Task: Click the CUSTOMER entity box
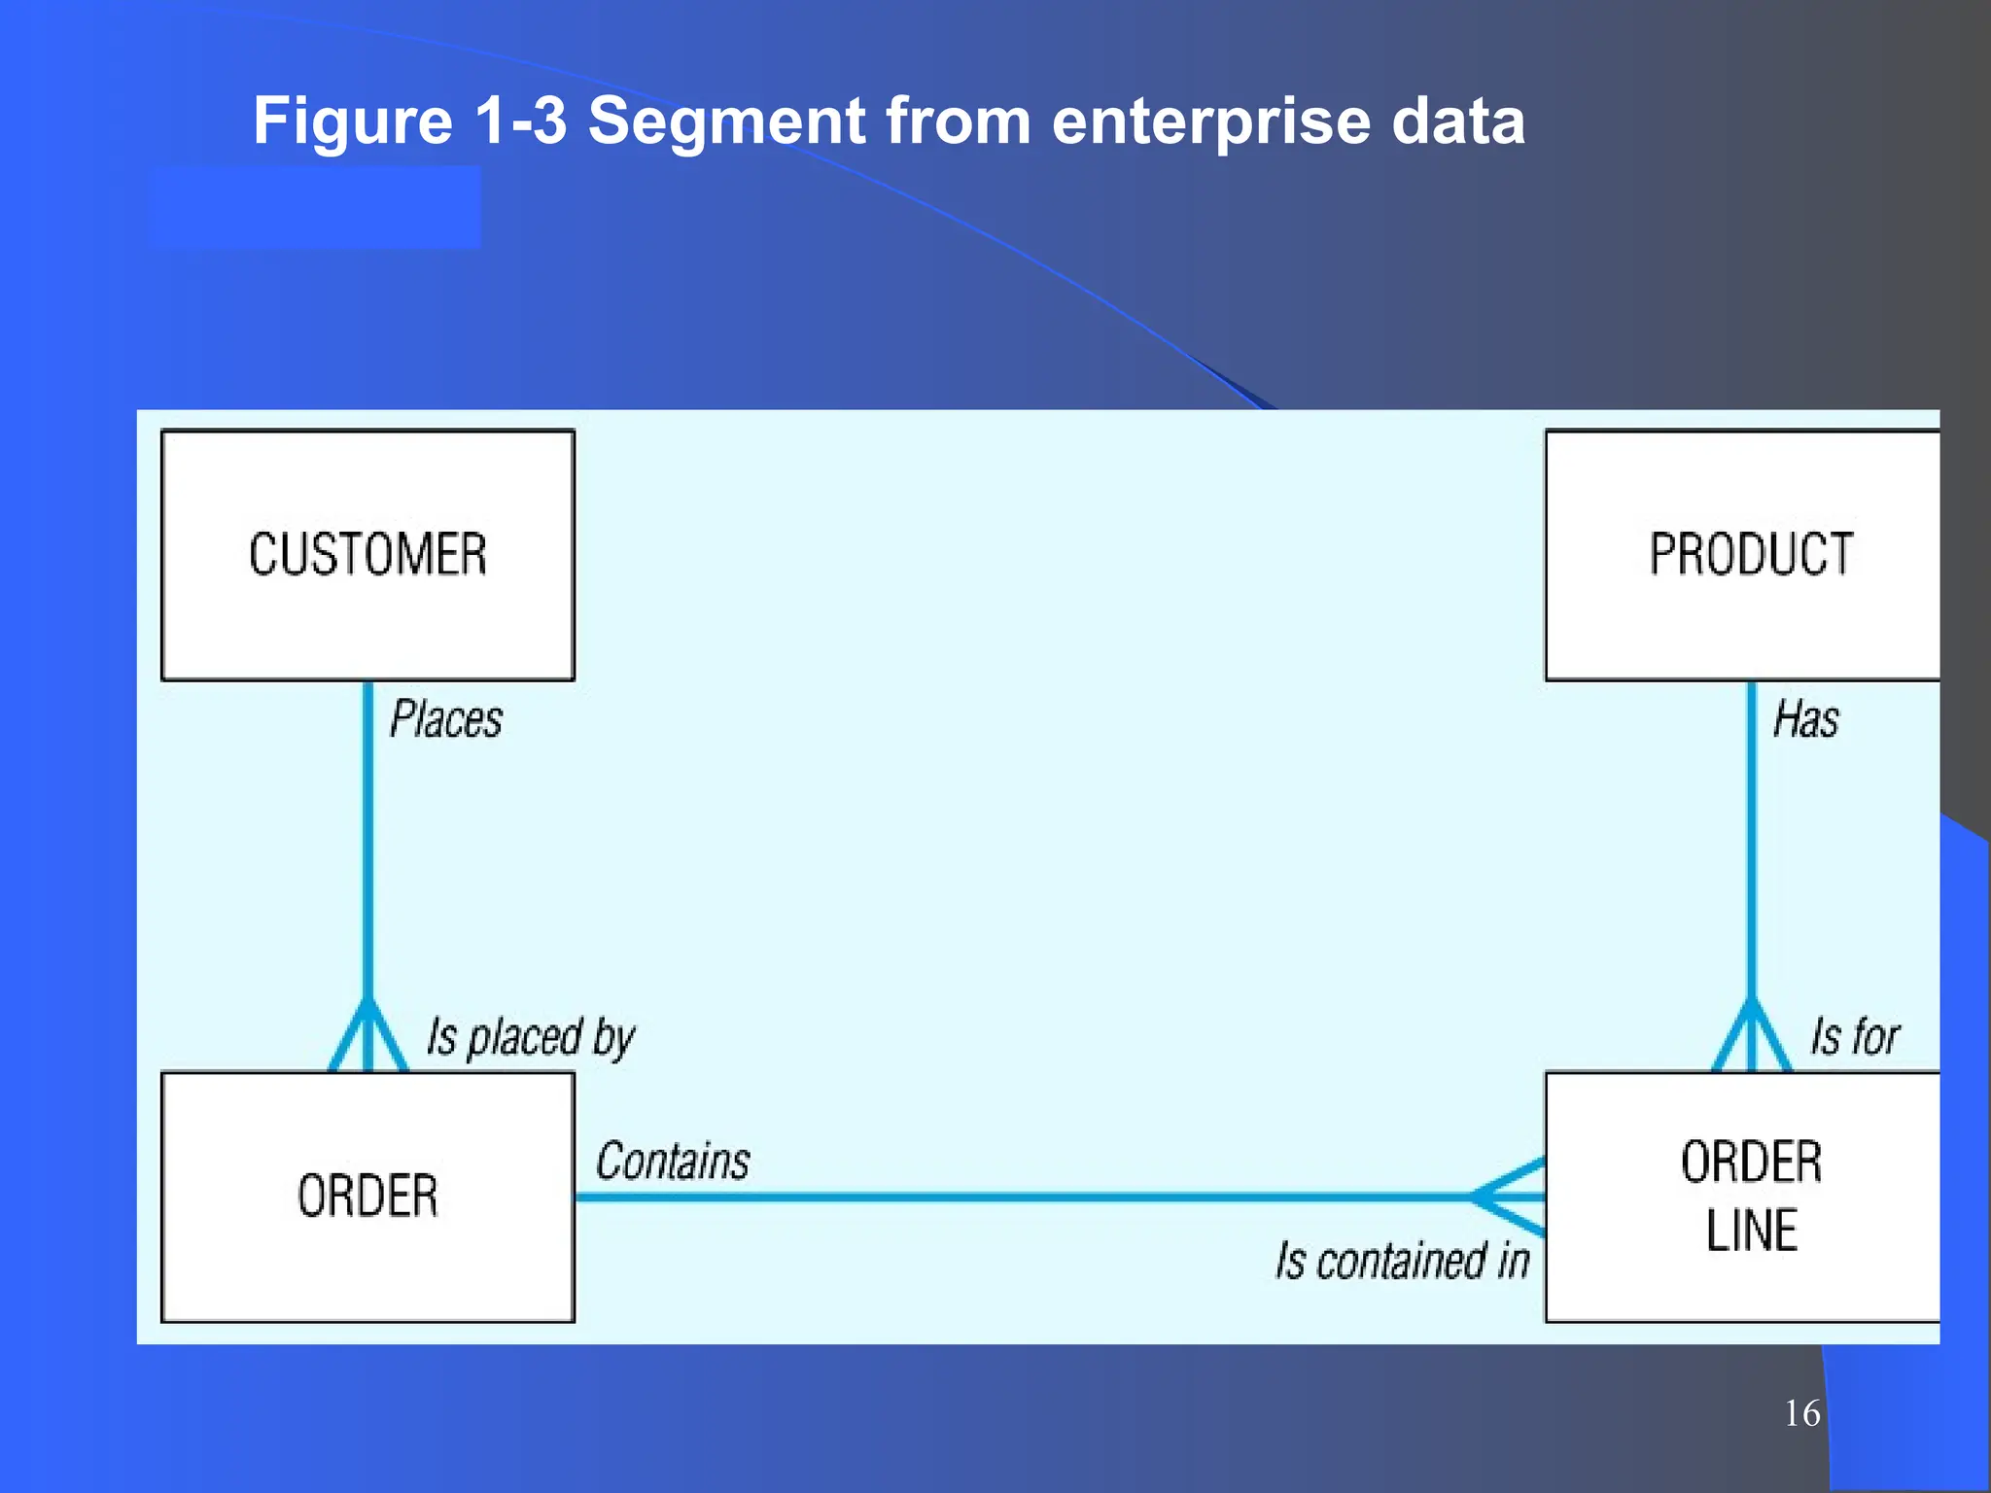(x=367, y=555)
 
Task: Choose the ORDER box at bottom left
(x=367, y=1197)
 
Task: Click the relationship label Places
(x=446, y=720)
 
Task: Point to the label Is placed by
(x=531, y=1037)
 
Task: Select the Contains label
(x=673, y=1162)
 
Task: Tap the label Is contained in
(x=1402, y=1262)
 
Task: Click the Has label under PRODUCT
(x=1805, y=720)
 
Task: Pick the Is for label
(x=1853, y=1037)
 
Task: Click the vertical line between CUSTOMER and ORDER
(x=367, y=836)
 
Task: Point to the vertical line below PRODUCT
(x=1751, y=836)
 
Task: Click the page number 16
(x=1801, y=1413)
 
